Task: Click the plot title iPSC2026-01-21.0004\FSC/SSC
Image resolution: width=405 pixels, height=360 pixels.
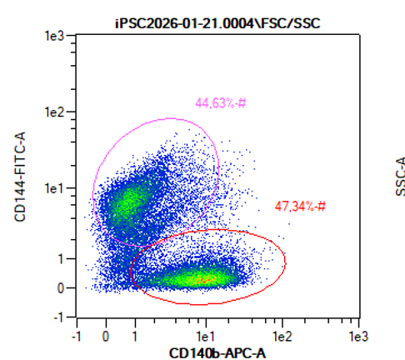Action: pyautogui.click(x=217, y=23)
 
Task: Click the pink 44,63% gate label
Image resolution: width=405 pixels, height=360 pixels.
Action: pyautogui.click(x=221, y=103)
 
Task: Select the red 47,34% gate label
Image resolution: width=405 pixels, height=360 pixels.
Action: pyautogui.click(x=300, y=207)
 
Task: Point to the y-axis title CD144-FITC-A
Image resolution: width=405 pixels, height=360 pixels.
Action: pyautogui.click(x=20, y=177)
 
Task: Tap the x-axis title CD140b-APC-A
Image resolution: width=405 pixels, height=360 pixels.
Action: pyautogui.click(x=217, y=353)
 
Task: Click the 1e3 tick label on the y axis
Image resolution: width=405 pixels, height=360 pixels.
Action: pyautogui.click(x=55, y=36)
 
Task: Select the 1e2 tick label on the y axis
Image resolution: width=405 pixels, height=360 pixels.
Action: pyautogui.click(x=55, y=112)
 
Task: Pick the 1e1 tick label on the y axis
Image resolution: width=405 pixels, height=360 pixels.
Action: pyautogui.click(x=55, y=188)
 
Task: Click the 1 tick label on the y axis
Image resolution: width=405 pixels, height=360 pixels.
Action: pyautogui.click(x=62, y=259)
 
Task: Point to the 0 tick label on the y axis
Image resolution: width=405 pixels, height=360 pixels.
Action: pyautogui.click(x=61, y=288)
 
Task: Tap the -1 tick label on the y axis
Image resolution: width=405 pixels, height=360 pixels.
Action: pyautogui.click(x=59, y=317)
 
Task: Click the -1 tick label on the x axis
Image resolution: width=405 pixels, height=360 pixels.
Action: pyautogui.click(x=77, y=337)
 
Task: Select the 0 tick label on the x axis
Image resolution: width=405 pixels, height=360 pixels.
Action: pyautogui.click(x=106, y=337)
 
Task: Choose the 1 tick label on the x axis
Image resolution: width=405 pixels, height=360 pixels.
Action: pyautogui.click(x=135, y=337)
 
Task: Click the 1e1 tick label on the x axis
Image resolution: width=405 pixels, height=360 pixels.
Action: pyautogui.click(x=206, y=337)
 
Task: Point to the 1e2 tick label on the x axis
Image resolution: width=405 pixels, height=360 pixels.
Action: pyautogui.click(x=282, y=337)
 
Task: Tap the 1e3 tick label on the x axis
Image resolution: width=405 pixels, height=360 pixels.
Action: pyautogui.click(x=358, y=337)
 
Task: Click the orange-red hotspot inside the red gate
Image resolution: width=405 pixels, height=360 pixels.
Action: pyautogui.click(x=205, y=279)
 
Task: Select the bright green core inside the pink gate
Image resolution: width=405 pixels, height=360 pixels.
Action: pyautogui.click(x=129, y=198)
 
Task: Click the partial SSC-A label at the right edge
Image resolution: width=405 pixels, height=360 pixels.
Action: pyautogui.click(x=400, y=177)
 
